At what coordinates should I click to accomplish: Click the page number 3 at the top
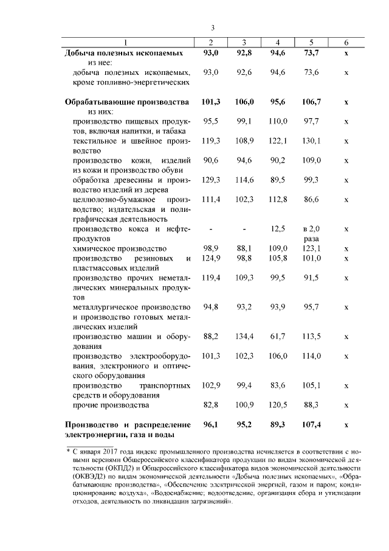pyautogui.click(x=213, y=27)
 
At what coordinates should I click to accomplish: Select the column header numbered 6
pyautogui.click(x=345, y=42)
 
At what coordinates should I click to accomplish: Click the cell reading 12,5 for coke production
pyautogui.click(x=278, y=229)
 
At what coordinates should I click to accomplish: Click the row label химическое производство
pyautogui.click(x=119, y=249)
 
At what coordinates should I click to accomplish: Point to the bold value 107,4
pyautogui.click(x=311, y=424)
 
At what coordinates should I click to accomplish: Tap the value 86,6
pyautogui.click(x=311, y=200)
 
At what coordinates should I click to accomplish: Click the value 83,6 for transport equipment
pyautogui.click(x=277, y=385)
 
